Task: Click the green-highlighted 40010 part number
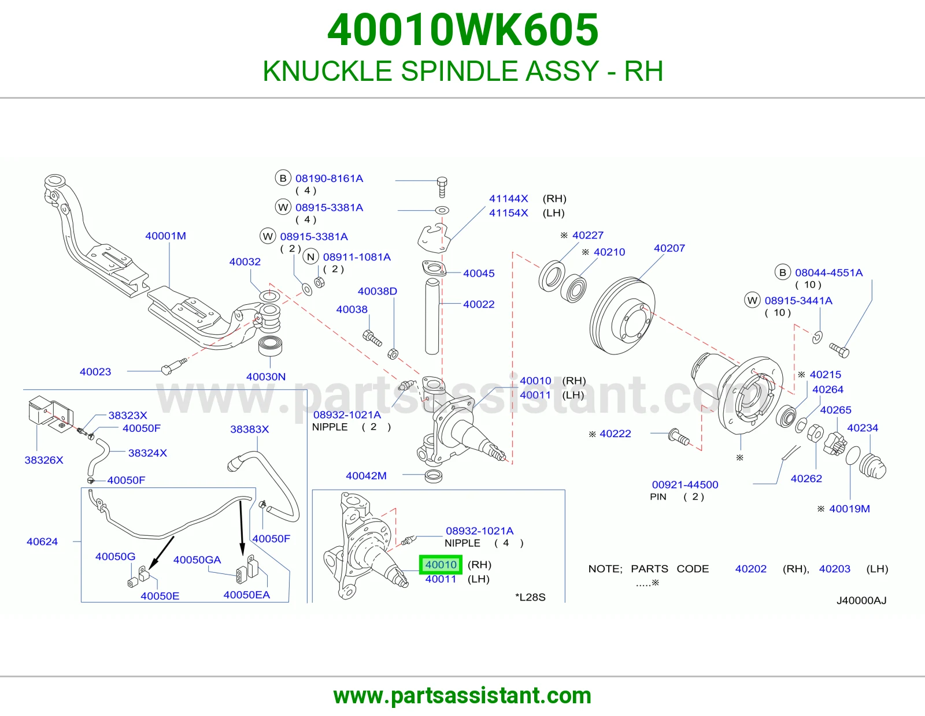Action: (441, 565)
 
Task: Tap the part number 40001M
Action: (165, 236)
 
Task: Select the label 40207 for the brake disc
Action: (669, 248)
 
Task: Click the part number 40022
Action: (479, 304)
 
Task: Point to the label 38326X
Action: (44, 460)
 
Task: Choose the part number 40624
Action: (42, 542)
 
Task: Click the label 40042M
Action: (366, 476)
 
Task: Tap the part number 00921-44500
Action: (685, 484)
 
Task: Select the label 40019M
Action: (849, 509)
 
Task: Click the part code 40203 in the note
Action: (834, 569)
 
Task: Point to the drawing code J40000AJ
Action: (861, 601)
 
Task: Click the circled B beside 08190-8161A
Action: (283, 178)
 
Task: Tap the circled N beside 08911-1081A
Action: (311, 257)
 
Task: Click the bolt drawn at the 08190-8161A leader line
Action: (442, 188)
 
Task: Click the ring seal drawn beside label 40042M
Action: (434, 476)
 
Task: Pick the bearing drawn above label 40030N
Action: (271, 346)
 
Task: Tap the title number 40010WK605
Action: (462, 30)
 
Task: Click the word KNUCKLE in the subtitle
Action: (327, 71)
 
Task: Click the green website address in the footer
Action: (462, 696)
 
